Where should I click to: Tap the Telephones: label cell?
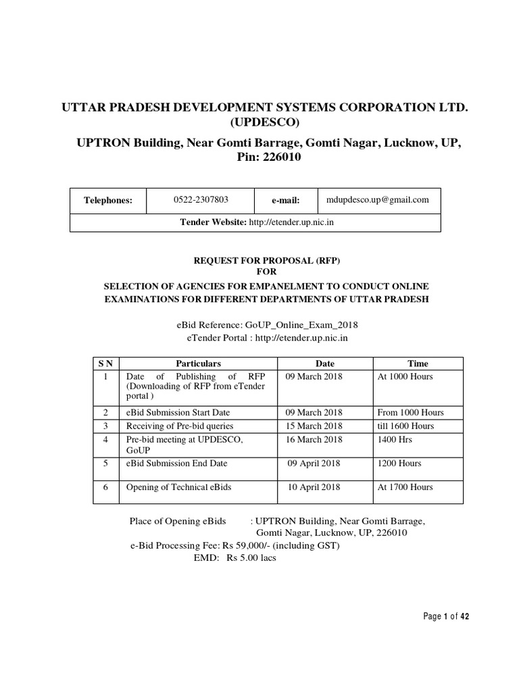pyautogui.click(x=108, y=201)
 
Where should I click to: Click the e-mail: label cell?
pyautogui.click(x=285, y=201)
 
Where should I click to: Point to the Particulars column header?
pyautogui.click(x=198, y=364)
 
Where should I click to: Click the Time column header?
pyautogui.click(x=418, y=364)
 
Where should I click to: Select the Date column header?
pyautogui.click(x=325, y=364)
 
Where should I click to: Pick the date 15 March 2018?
pyautogui.click(x=314, y=426)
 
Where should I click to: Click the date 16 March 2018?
pyautogui.click(x=314, y=439)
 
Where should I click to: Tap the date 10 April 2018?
pyautogui.click(x=314, y=487)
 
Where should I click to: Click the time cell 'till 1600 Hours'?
pyautogui.click(x=405, y=426)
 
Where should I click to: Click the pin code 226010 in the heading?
pyautogui.click(x=280, y=157)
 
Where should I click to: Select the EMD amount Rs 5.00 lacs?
pyautogui.click(x=251, y=558)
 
